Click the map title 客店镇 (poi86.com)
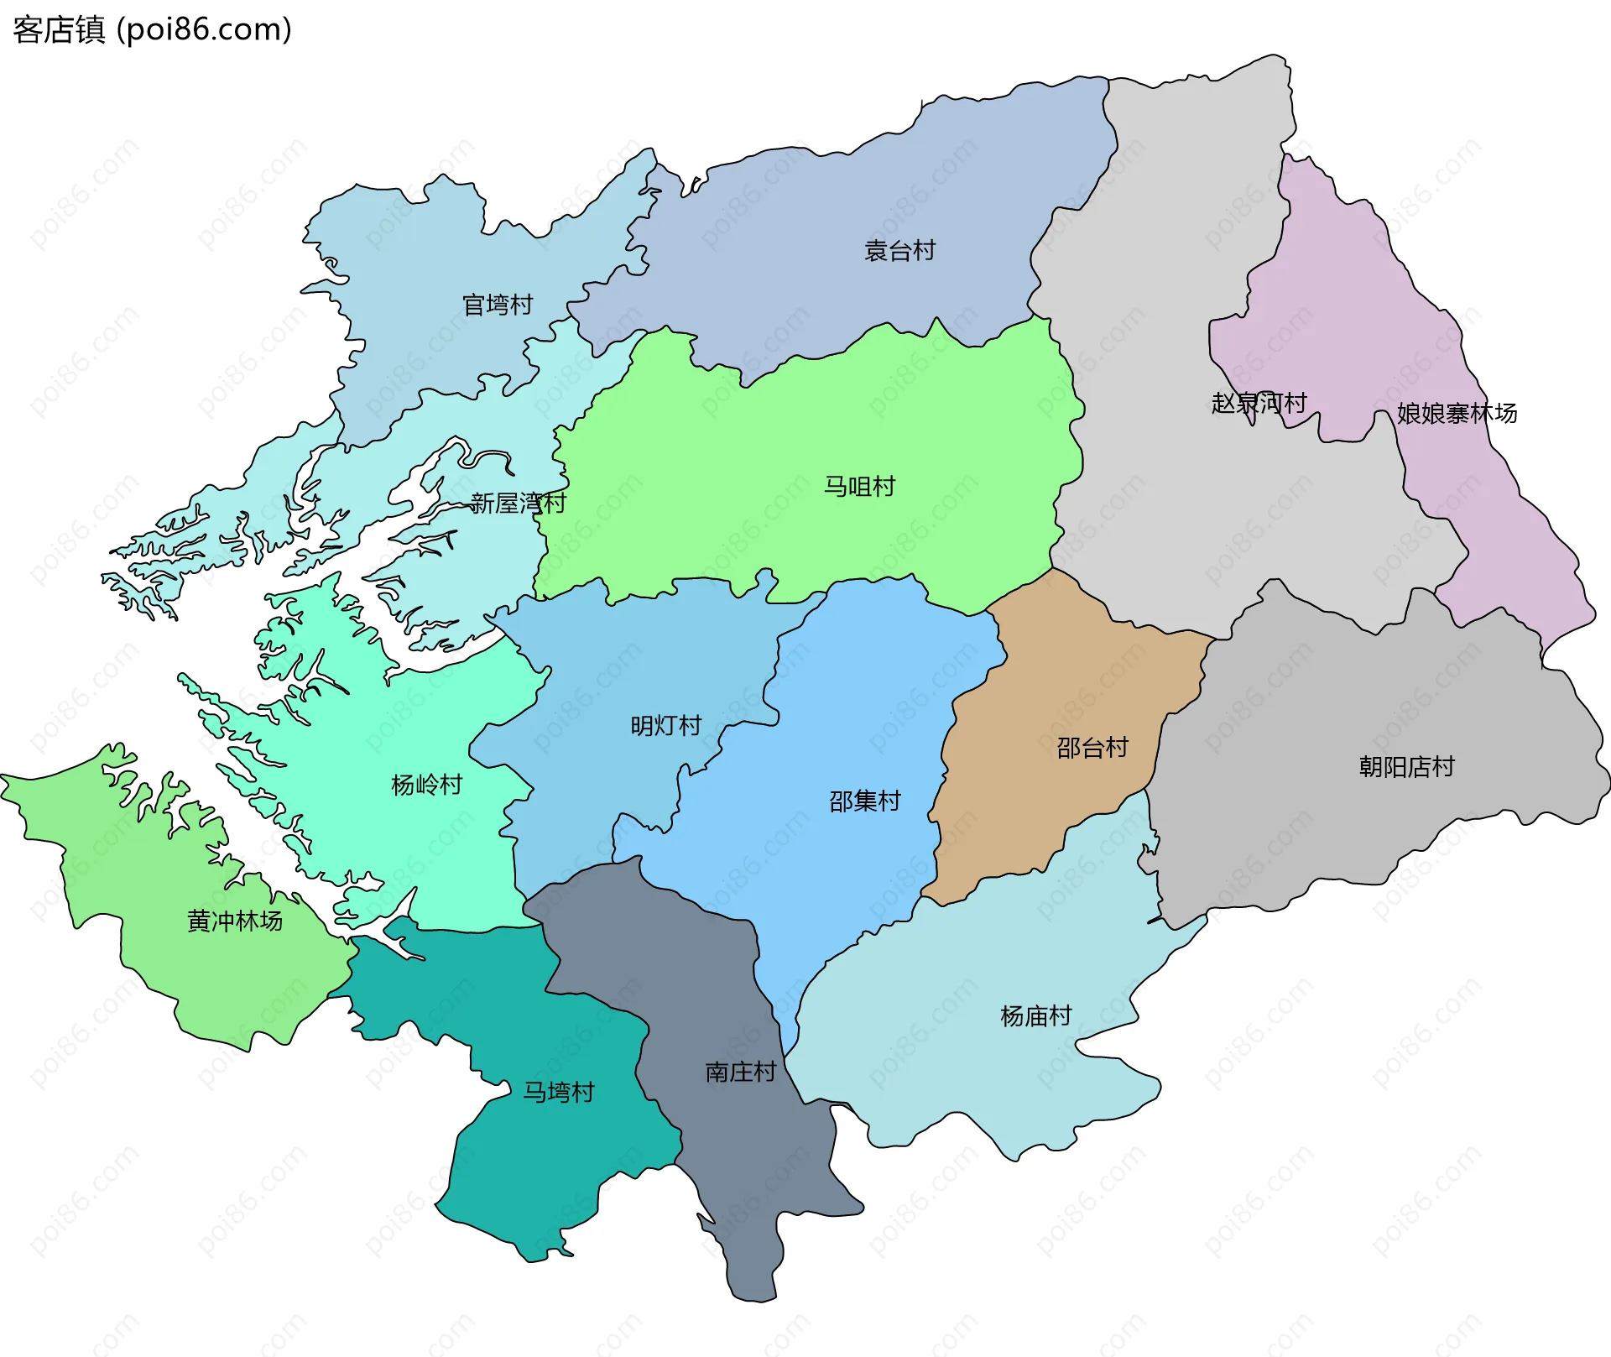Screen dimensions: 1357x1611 coord(152,29)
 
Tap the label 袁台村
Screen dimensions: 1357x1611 coord(899,250)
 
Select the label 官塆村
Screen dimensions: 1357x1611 coord(498,305)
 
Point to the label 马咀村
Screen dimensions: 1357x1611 coord(859,486)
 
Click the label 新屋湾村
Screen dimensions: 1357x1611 coord(518,503)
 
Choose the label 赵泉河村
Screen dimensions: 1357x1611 coord(1259,403)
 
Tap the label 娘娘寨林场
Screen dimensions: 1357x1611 coord(1457,413)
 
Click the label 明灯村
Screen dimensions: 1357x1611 coord(665,725)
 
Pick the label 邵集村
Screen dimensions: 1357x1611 coord(864,801)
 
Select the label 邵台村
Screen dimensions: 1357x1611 coord(1092,747)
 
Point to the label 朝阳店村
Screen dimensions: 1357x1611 coord(1406,766)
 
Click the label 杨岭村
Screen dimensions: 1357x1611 coord(426,785)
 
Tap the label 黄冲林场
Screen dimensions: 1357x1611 coord(234,921)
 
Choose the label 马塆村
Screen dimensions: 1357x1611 coord(558,1091)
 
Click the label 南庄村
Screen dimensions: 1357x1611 coord(740,1072)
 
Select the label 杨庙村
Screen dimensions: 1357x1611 coord(1035,1015)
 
